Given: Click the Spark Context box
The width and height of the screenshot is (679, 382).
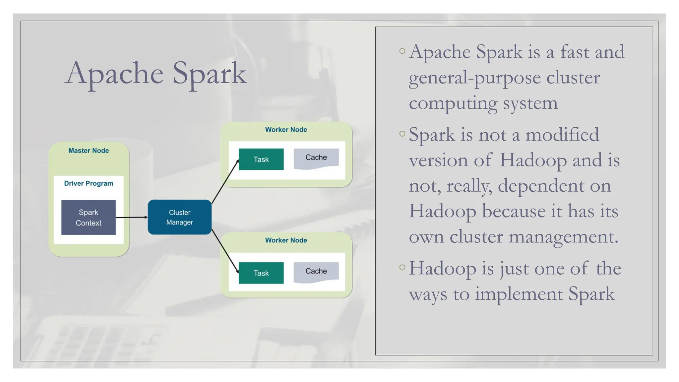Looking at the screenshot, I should coord(89,218).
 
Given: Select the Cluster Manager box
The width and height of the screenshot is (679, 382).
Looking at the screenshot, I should coord(179,217).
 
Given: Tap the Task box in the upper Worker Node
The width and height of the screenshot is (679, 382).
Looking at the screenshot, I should coord(261,159).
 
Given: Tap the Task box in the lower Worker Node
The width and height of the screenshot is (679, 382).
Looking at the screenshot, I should coord(261,273).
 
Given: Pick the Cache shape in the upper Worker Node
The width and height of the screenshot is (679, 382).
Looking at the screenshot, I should coord(316,158).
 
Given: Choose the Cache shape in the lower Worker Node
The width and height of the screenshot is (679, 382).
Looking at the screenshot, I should coord(316,272).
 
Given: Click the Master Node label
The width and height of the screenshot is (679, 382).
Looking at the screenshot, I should coord(89,151).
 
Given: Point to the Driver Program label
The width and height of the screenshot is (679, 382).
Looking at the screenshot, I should coord(89,183).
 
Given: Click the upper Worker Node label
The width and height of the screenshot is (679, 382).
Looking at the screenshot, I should coord(286,130).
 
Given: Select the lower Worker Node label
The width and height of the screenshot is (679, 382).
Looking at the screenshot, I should coord(286,240).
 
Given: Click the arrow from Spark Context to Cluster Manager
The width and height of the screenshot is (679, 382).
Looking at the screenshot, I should coord(131,218).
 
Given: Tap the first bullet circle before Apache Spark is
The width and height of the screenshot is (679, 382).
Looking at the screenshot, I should coord(402,51).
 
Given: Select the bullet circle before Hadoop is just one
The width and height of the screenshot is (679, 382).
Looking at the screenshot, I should coord(402,267).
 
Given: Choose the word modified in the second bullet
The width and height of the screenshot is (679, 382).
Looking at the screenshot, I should coord(562,135).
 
